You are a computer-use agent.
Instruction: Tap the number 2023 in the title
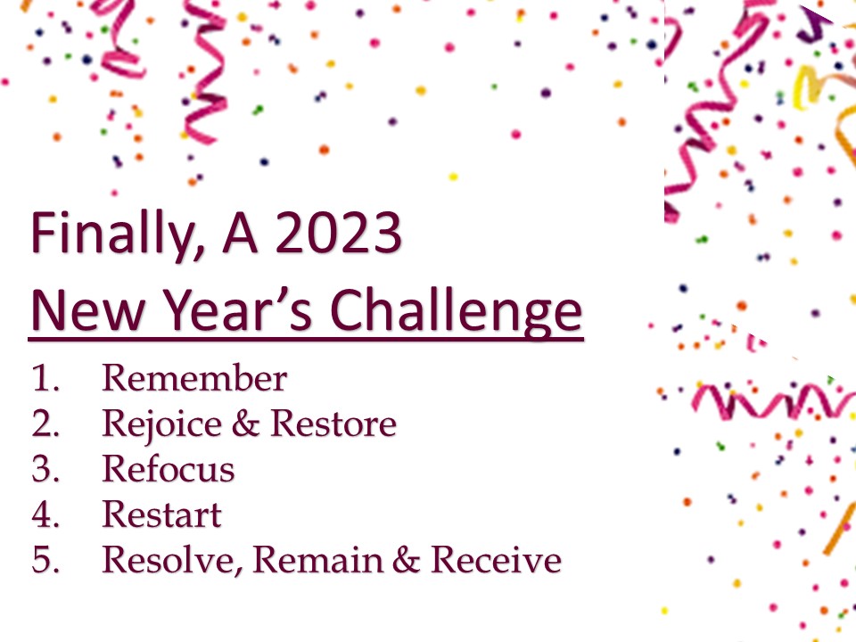339,233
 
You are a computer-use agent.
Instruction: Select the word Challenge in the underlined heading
457,311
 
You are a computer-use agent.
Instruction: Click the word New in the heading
88,310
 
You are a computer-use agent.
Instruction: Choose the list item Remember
194,378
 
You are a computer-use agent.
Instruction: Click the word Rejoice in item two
162,424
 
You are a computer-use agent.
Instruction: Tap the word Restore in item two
333,424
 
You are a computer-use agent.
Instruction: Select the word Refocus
169,469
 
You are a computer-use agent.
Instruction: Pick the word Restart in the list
161,514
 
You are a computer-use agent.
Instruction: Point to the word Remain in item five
317,560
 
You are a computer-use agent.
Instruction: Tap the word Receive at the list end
496,560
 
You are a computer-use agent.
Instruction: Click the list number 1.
45,378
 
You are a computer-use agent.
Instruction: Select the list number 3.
45,469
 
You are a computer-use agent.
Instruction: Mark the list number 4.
45,514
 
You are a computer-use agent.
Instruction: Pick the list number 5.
45,560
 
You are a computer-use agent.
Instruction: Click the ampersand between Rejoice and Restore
246,424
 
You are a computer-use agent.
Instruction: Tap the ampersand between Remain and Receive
407,560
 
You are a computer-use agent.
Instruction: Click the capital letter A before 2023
240,233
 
